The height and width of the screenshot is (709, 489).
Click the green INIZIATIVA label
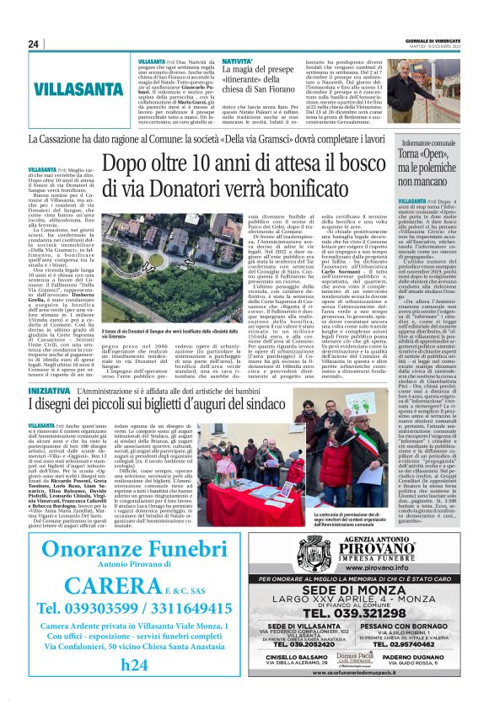[49, 392]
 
